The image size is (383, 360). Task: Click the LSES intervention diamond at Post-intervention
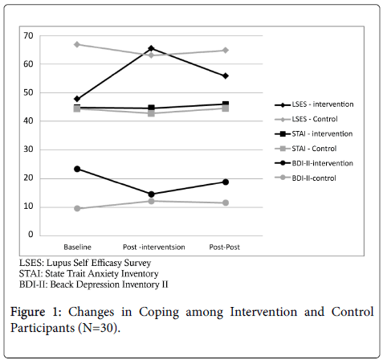click(151, 48)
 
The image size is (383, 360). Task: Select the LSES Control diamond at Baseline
click(77, 44)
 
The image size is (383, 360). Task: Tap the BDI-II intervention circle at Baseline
click(77, 169)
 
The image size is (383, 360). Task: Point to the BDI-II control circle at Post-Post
click(226, 202)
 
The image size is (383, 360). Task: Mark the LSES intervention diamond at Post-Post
click(226, 76)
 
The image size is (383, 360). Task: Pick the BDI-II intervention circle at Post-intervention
click(151, 194)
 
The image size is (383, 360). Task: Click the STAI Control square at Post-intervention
click(151, 113)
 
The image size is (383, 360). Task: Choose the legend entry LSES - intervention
click(314, 104)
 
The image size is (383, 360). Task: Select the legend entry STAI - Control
click(306, 149)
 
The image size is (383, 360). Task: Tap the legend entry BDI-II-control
click(305, 178)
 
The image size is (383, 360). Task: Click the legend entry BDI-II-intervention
click(314, 163)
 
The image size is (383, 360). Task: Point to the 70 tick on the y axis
click(28, 35)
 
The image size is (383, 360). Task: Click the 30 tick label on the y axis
click(28, 149)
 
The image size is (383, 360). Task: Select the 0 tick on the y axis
click(31, 235)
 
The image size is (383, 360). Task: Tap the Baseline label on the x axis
click(77, 247)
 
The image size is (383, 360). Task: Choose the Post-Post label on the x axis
click(225, 247)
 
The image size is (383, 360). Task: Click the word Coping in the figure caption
click(159, 313)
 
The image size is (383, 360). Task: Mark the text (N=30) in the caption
click(99, 328)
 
